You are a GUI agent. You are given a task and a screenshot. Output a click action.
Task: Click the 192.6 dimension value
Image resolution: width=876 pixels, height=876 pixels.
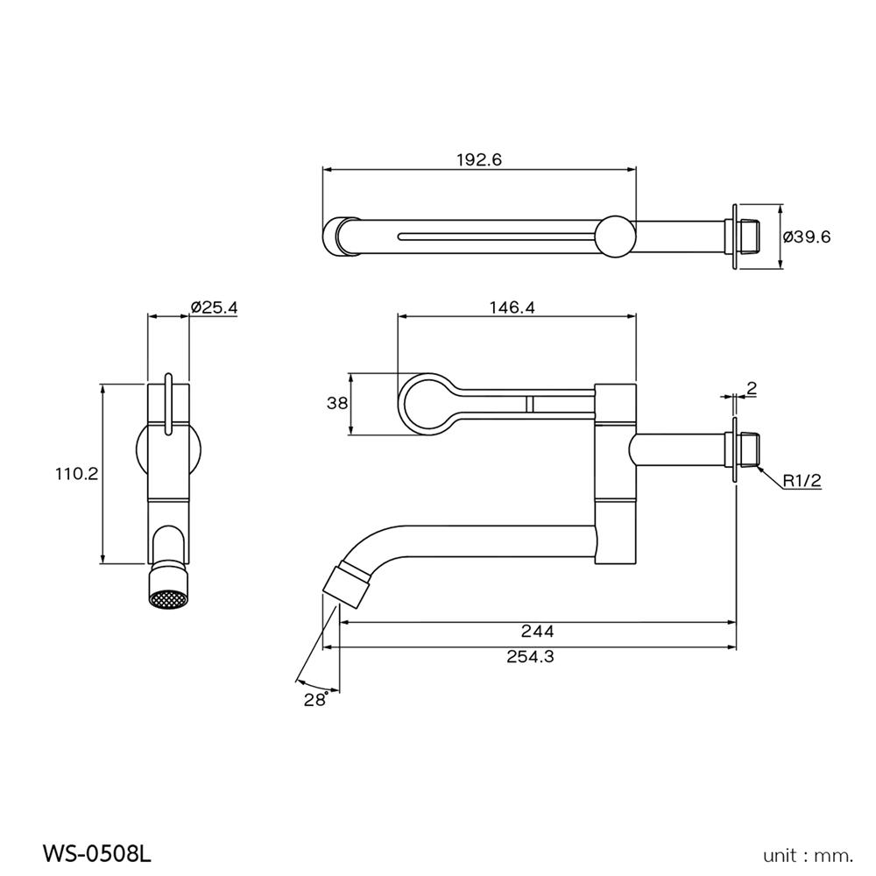point(477,159)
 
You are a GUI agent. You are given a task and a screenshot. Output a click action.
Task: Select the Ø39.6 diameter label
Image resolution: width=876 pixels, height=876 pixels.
point(808,237)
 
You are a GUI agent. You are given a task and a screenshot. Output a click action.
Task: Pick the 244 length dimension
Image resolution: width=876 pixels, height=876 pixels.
point(537,631)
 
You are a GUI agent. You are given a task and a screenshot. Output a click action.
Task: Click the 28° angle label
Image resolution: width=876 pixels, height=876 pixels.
point(315,698)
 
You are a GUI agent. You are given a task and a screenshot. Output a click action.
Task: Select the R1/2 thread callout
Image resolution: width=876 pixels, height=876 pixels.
point(802,480)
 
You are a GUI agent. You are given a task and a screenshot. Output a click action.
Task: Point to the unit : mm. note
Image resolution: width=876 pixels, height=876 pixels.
point(808,853)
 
